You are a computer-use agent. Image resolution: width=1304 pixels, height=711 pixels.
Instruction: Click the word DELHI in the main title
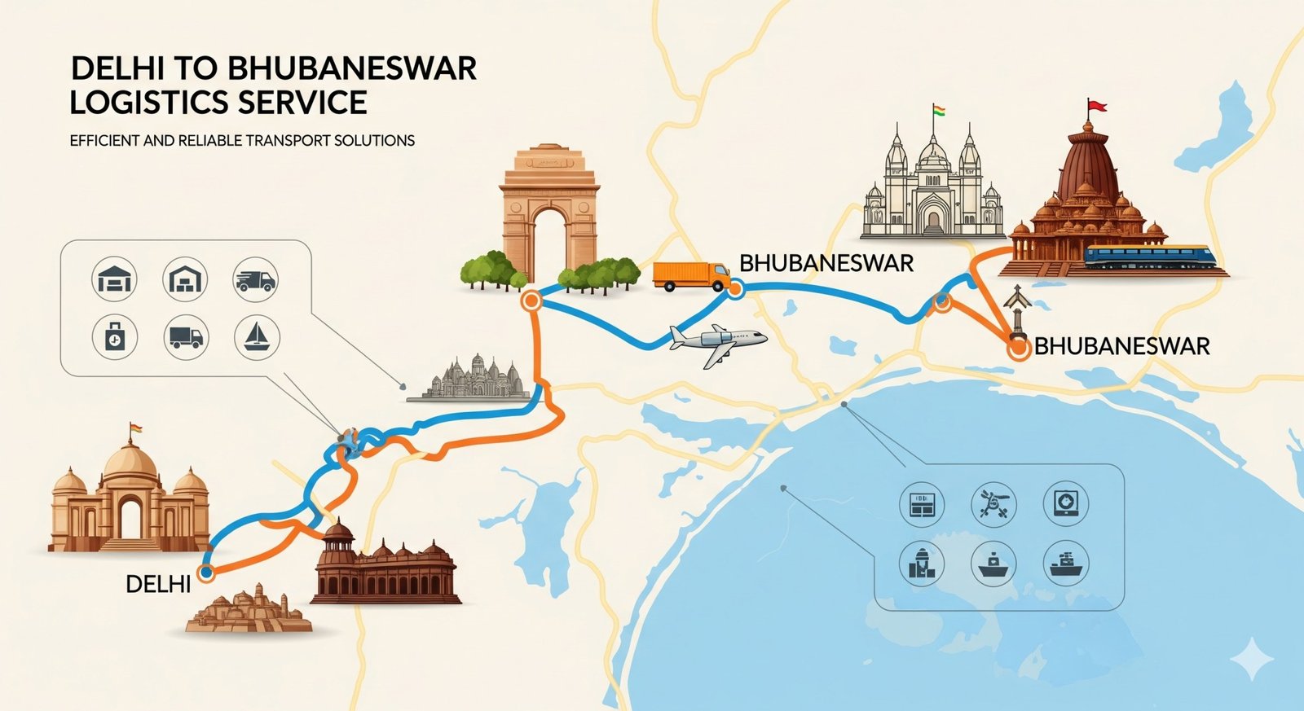[x=121, y=68]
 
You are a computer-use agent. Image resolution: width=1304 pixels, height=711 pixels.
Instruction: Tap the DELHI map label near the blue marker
[x=158, y=583]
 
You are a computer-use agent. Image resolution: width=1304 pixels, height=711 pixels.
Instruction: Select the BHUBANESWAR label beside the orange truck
[x=826, y=263]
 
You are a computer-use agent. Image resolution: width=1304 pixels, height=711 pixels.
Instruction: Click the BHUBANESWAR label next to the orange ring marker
[x=1122, y=346]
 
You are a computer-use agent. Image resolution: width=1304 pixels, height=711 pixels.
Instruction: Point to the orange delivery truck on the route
[x=690, y=276]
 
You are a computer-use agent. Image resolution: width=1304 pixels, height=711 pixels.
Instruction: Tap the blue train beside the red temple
[x=1149, y=257]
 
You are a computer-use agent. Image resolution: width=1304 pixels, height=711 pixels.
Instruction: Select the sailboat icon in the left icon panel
[x=257, y=336]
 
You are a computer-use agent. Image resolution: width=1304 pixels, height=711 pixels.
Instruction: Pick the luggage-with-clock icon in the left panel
[x=114, y=336]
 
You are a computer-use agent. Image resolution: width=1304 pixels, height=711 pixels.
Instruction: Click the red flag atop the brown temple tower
[x=1096, y=106]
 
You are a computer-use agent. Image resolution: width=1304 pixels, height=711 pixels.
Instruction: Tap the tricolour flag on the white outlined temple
[x=939, y=112]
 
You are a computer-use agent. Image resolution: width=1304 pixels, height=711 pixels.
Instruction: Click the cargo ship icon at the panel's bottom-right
[x=1065, y=563]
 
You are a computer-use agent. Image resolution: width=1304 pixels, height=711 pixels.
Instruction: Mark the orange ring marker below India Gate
[x=531, y=301]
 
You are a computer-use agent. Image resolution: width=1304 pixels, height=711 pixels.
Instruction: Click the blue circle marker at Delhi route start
[x=206, y=573]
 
